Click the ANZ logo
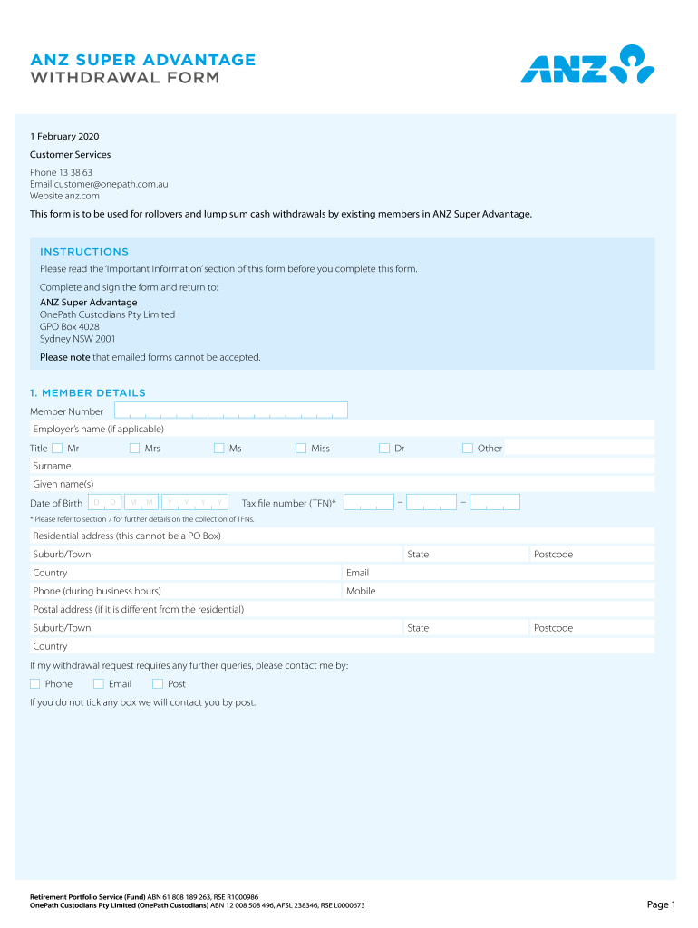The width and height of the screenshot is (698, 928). tap(587, 65)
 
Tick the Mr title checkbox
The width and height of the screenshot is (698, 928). tap(57, 448)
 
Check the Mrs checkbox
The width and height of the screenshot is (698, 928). tap(134, 448)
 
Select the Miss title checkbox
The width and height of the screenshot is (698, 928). tap(301, 448)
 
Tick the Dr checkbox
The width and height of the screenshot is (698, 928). tap(384, 448)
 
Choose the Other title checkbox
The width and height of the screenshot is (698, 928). tap(468, 448)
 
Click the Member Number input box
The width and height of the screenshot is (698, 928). tap(231, 411)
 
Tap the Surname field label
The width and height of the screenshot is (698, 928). tap(52, 466)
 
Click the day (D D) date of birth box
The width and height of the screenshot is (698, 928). tap(104, 502)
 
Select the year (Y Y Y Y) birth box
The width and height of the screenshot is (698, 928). tap(195, 502)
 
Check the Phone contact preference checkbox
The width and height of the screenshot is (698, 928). tap(35, 683)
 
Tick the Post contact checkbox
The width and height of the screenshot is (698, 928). tap(158, 683)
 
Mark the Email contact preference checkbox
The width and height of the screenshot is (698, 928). tap(99, 683)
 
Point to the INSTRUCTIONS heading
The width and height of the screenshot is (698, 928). tap(84, 252)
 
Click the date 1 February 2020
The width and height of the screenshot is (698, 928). tap(64, 137)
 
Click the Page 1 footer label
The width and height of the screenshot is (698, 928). tap(661, 904)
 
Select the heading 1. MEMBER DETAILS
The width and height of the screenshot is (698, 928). tap(88, 392)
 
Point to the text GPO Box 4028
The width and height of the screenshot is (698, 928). tap(70, 326)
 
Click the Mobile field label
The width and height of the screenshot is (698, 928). tap(361, 591)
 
